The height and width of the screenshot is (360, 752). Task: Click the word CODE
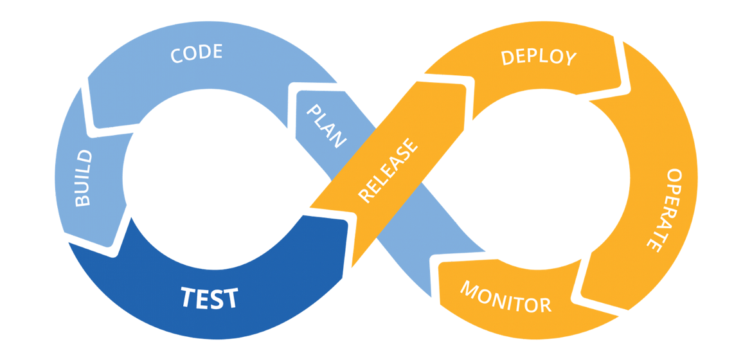pos(197,53)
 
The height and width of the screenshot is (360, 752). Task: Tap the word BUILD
pos(84,178)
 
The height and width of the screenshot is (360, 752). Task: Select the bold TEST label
pos(210,298)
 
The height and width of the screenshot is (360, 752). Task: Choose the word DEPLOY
pos(539,57)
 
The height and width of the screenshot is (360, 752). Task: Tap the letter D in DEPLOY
pos(507,58)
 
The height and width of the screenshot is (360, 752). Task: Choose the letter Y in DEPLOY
pos(569,57)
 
